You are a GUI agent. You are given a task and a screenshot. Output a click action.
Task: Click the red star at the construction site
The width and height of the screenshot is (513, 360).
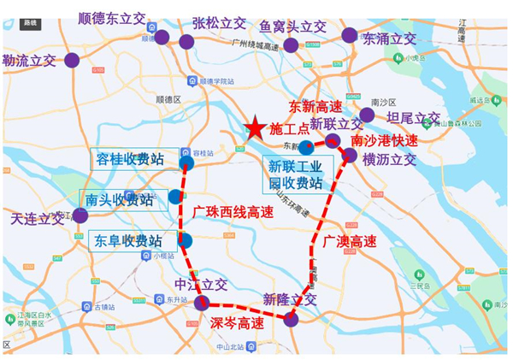click(x=255, y=129)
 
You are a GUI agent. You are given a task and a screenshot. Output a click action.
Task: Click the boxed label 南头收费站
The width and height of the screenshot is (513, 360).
click(x=121, y=200)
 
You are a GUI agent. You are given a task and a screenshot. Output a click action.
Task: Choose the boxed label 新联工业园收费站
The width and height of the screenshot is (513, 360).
click(x=296, y=174)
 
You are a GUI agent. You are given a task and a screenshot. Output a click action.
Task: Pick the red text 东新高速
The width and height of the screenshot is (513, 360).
click(x=315, y=107)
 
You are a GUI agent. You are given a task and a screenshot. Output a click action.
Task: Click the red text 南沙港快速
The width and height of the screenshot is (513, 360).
click(x=385, y=140)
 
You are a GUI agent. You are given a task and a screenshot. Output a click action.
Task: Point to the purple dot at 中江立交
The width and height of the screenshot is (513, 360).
click(x=202, y=303)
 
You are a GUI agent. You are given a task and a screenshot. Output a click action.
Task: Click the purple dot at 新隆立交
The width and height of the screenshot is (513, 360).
click(x=291, y=319)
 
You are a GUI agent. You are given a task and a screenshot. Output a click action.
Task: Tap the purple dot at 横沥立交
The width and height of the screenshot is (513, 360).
click(x=350, y=155)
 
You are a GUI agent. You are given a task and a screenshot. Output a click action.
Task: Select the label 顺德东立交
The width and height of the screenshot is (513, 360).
click(x=116, y=18)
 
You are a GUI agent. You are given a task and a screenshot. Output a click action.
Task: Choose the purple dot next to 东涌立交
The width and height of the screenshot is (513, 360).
click(x=349, y=35)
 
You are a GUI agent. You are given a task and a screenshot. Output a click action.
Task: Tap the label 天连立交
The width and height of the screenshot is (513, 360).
click(x=37, y=218)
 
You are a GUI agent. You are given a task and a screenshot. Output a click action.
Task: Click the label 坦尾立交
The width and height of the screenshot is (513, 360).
click(x=413, y=118)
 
